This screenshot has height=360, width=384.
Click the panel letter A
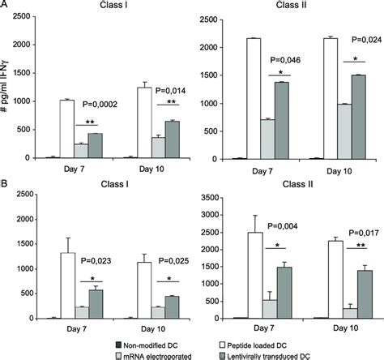[5, 6]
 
